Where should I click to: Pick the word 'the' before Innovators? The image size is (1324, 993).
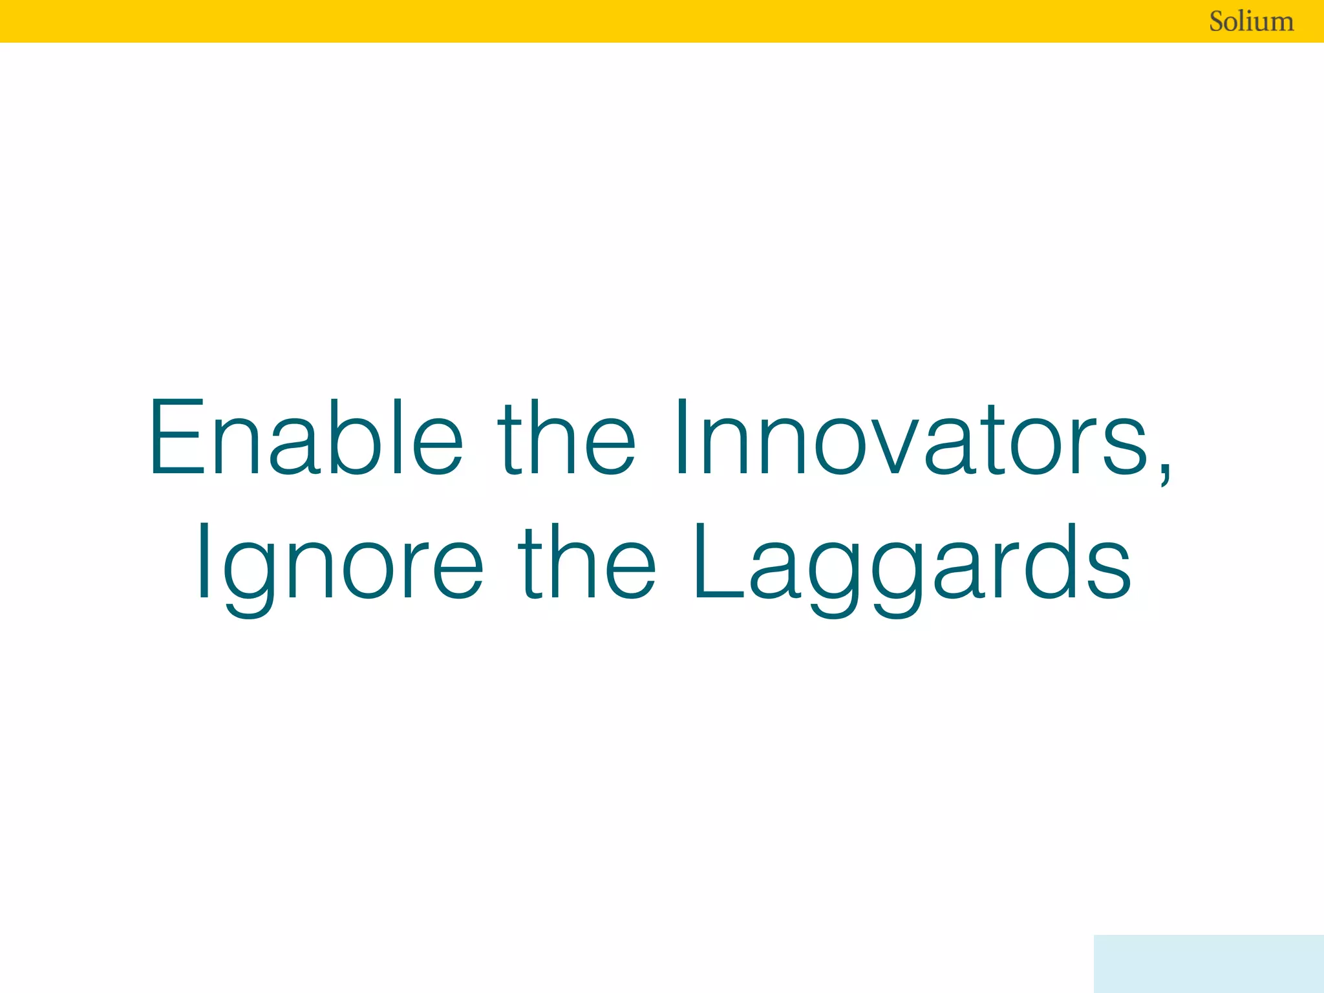pos(566,438)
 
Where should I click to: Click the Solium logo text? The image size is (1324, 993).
pos(1251,21)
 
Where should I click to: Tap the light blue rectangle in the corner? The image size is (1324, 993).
pos(1208,963)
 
